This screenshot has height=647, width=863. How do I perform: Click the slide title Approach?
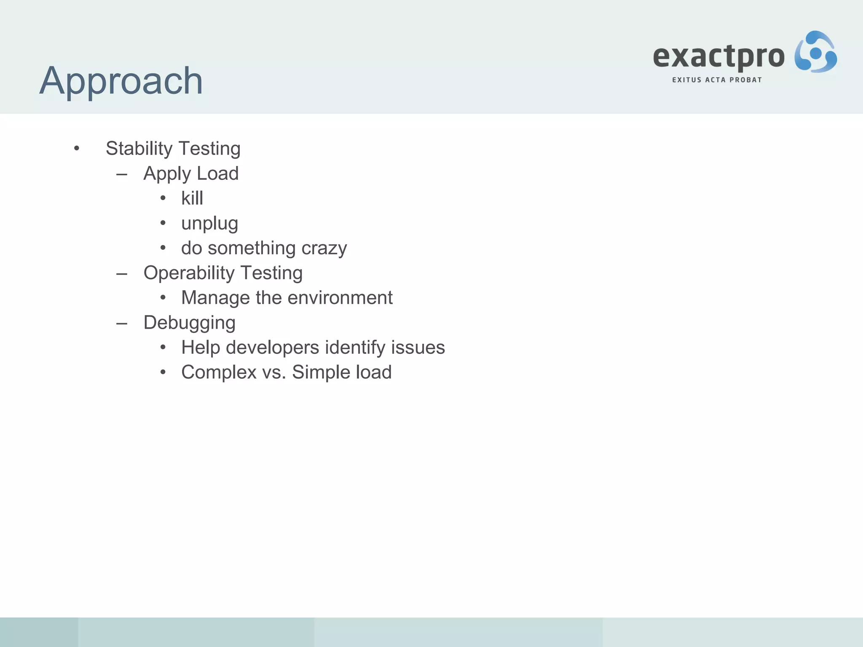coord(121,81)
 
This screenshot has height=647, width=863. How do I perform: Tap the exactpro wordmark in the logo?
coord(718,57)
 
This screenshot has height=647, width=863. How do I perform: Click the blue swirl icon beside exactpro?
coord(815,52)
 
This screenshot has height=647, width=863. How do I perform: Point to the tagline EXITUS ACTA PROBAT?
coord(717,80)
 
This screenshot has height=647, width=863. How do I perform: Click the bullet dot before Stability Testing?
coord(76,148)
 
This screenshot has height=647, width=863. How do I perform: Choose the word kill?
coord(192,198)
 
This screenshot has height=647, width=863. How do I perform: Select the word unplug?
coord(209,224)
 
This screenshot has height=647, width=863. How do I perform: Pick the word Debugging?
coord(189,323)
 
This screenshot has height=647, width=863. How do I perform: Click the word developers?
coord(273,348)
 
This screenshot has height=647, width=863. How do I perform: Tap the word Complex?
coord(219,372)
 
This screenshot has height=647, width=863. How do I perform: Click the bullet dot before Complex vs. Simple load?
coord(163,372)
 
